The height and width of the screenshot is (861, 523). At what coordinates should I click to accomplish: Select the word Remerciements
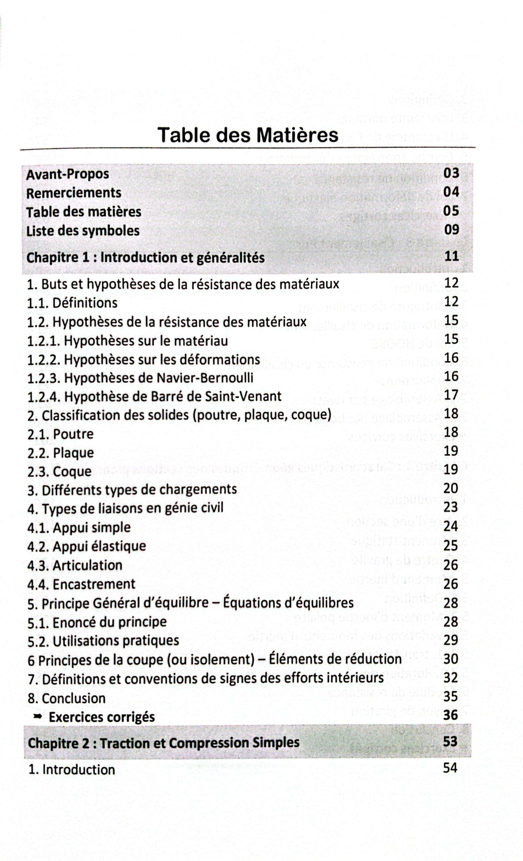tap(74, 193)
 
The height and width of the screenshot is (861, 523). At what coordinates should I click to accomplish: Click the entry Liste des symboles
tap(83, 231)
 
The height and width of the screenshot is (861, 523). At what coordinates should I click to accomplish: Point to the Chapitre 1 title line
tap(145, 258)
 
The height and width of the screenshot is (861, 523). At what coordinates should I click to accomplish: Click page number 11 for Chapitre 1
tap(451, 256)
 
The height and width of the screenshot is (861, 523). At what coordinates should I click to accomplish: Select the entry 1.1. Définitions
tap(72, 303)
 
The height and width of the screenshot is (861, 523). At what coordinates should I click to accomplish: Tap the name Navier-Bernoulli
tap(205, 378)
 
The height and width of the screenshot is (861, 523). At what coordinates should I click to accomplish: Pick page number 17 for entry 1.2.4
tap(451, 395)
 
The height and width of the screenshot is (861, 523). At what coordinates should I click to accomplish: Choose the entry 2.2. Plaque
tap(61, 453)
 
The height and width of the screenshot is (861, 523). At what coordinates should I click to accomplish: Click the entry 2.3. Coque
tap(60, 472)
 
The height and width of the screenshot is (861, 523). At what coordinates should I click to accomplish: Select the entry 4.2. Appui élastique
tap(86, 546)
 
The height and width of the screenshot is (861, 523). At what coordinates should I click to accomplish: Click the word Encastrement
tap(94, 584)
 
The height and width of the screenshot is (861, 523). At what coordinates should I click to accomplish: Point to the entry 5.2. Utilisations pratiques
tap(103, 641)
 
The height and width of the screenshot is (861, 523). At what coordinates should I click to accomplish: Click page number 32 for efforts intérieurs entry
tap(451, 678)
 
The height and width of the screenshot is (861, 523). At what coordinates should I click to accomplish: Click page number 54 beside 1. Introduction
tap(450, 768)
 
